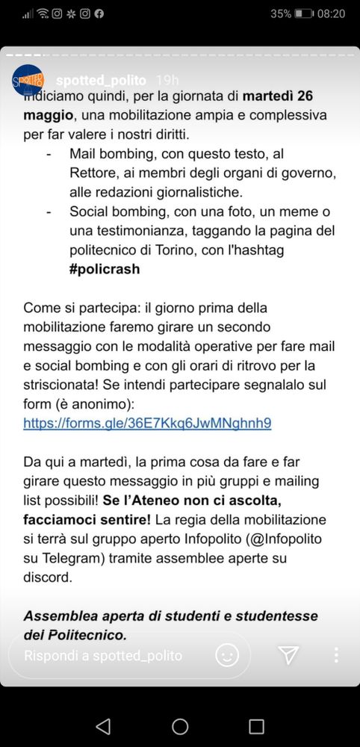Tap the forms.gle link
pos(147,423)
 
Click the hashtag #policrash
pos(105,269)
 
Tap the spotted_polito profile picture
pos(28,80)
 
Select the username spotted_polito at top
pos(102,80)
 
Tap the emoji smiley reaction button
pos(227,655)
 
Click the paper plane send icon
pos(288,655)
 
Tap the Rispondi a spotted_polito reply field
pos(103,656)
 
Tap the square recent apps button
pos(256,726)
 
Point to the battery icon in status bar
pos(304,13)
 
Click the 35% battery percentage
pos(281,13)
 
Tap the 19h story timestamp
pos(167,80)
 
